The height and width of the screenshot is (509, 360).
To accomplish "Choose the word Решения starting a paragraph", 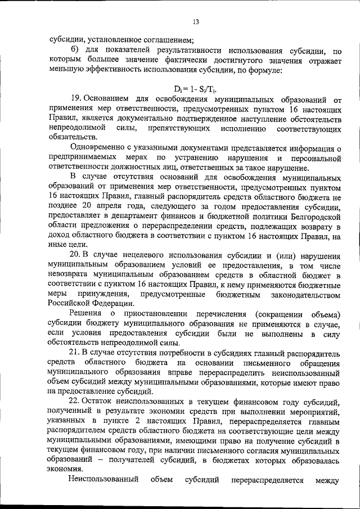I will point(84,313).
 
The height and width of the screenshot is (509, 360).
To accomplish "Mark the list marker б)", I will point(72,51).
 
